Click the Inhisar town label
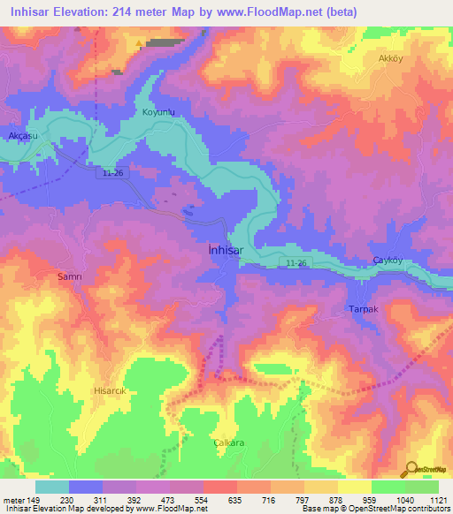(226, 250)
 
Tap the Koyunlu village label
(160, 112)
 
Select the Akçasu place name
(23, 135)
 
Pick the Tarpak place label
(363, 310)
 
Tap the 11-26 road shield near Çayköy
(297, 263)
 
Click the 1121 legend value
(438, 499)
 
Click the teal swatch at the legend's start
(52, 487)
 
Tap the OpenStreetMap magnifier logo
(411, 469)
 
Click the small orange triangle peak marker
(140, 42)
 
